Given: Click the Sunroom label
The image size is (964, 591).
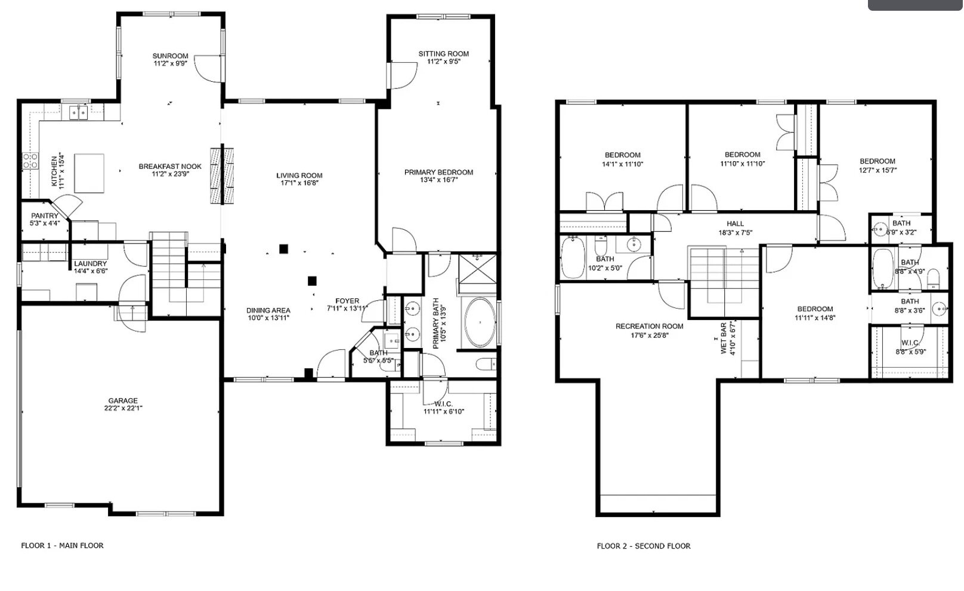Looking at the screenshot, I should pos(170,56).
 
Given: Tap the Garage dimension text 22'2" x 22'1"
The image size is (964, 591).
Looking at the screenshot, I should pos(123,409).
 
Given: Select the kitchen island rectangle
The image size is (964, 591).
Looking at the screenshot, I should pos(89,173).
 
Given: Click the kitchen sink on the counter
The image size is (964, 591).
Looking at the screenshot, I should pos(78,112).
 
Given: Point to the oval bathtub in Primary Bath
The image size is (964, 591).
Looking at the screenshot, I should pos(480,323).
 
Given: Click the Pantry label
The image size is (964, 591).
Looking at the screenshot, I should pos(45,216).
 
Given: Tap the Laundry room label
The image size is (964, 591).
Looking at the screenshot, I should pos(91,263).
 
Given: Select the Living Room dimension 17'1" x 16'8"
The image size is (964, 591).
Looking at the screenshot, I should pos(299,183).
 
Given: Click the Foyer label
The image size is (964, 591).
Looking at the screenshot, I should pos(347,301).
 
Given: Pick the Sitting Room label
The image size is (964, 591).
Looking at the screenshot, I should pos(443,54).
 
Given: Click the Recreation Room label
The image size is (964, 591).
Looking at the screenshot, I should pos(650,326).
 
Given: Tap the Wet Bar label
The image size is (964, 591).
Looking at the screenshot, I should pos(724,338).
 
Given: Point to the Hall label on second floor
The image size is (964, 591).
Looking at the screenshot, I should pos(735,224).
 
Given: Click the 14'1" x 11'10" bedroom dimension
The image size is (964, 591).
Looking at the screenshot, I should pos(623,164).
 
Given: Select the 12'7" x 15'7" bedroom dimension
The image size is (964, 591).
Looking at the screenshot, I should pos(878,170).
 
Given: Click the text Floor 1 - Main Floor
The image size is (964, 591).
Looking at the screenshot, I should pos(62,545).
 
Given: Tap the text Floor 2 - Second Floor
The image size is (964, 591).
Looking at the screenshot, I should pos(644,546).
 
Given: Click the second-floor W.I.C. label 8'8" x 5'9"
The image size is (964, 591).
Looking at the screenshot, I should pos(910,352).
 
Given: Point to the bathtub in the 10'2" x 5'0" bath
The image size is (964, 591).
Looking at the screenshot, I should pos(573,258).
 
